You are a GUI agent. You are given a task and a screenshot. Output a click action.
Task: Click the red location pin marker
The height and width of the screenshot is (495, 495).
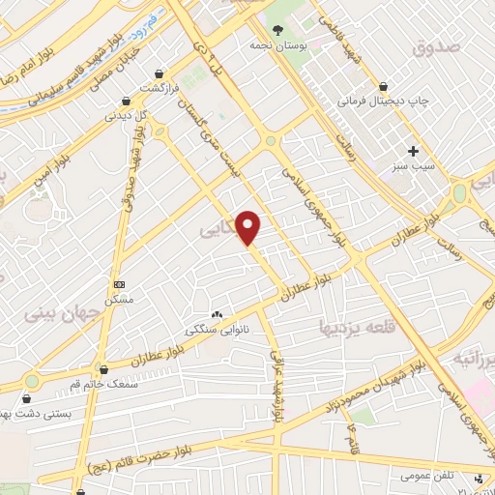(249, 226)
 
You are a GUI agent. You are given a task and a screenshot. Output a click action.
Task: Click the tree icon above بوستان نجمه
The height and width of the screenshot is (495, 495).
(277, 30)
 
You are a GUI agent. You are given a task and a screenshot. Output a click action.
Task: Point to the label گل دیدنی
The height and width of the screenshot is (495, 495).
(128, 115)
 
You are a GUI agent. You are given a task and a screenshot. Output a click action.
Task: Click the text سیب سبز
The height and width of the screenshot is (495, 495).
(413, 166)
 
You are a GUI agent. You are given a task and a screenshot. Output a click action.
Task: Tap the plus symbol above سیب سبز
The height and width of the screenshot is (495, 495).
(414, 151)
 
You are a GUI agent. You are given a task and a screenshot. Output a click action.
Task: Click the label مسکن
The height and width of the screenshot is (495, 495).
(119, 300)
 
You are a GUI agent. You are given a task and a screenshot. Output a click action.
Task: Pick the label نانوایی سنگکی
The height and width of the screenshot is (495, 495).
(217, 329)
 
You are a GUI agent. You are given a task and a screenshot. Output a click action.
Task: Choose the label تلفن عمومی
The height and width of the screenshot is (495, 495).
(426, 475)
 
